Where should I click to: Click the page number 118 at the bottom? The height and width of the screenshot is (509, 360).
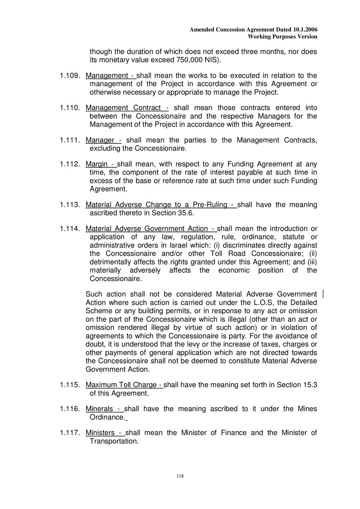pyautogui.click(x=180, y=476)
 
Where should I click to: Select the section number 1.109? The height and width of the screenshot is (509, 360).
pyautogui.click(x=70, y=76)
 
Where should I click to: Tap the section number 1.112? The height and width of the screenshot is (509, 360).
pyautogui.click(x=70, y=164)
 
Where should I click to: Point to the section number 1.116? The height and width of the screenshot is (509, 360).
pyautogui.click(x=70, y=409)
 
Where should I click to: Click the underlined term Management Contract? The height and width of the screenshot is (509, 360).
pyautogui.click(x=123, y=108)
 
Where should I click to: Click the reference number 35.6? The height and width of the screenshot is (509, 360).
pyautogui.click(x=186, y=213)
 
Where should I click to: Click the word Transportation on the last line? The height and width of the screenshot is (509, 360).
pyautogui.click(x=114, y=441)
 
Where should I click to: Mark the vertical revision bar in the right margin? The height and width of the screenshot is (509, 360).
pyautogui.click(x=323, y=294)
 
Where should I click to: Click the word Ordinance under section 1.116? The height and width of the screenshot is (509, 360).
pyautogui.click(x=107, y=417)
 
